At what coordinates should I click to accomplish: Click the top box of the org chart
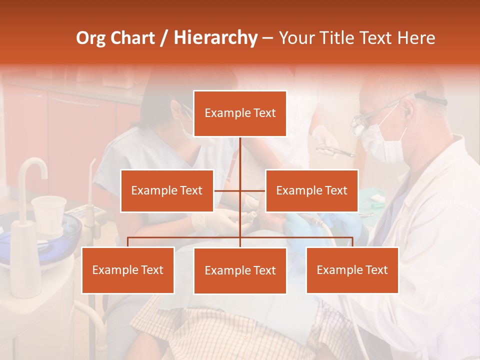point(240,113)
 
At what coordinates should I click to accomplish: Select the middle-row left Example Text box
point(167,190)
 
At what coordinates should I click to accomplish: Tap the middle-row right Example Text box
point(311,190)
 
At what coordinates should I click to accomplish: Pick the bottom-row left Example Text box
point(128,270)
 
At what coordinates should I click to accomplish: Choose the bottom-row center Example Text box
point(240,270)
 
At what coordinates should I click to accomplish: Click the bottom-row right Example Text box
point(352,270)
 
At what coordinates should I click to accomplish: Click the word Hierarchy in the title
point(215,38)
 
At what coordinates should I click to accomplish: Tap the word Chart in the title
point(132,38)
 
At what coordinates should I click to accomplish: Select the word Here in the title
point(416,38)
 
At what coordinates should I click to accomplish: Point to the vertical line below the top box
point(240,155)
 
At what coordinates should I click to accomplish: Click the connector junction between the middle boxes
point(240,190)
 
